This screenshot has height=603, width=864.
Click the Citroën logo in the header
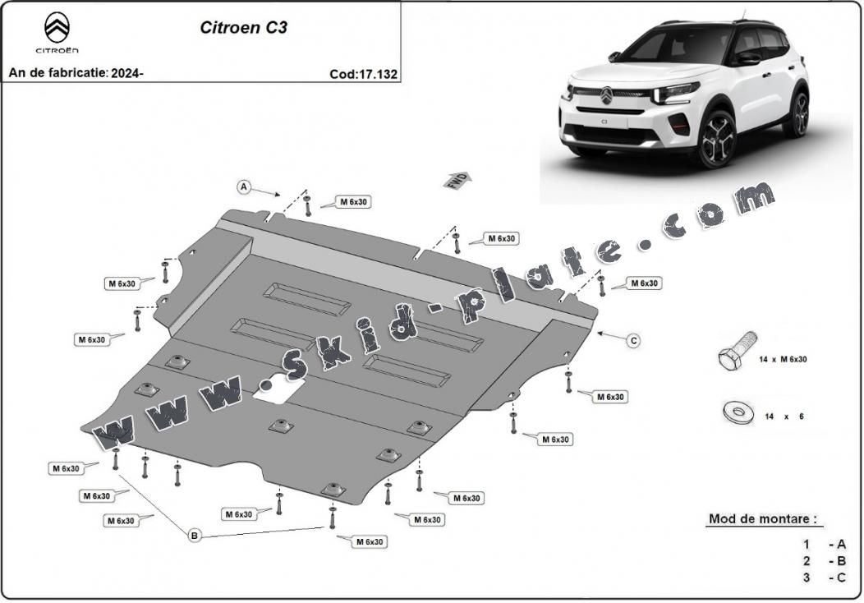click(57, 33)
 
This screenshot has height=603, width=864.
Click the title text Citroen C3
click(244, 28)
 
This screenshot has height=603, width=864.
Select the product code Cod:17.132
click(363, 74)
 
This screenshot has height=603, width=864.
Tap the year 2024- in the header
click(127, 73)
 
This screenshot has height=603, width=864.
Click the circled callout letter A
click(244, 187)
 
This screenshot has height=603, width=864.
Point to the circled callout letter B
click(194, 535)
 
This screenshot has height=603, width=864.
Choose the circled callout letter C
click(634, 341)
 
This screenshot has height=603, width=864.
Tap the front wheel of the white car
click(718, 139)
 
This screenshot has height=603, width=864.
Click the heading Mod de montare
click(762, 518)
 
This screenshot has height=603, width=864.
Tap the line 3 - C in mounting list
click(825, 577)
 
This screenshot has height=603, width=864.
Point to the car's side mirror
click(747, 57)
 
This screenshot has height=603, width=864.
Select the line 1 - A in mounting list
click(825, 545)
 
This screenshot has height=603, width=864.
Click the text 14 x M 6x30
click(783, 359)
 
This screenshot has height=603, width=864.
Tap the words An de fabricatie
click(57, 73)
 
